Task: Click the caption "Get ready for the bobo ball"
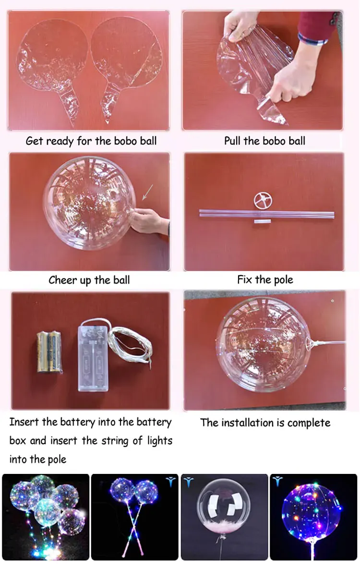click(91, 141)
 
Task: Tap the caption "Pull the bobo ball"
click(264, 141)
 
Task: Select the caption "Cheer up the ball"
click(89, 280)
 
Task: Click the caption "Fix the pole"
click(265, 280)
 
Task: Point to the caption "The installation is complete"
click(265, 423)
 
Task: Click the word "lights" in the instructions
click(160, 441)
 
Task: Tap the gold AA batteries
click(49, 351)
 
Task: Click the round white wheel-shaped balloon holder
click(263, 201)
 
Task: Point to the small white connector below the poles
click(263, 221)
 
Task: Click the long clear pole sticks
click(266, 214)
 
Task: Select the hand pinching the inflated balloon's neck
click(149, 220)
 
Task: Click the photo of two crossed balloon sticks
click(134, 517)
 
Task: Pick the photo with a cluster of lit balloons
click(46, 517)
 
